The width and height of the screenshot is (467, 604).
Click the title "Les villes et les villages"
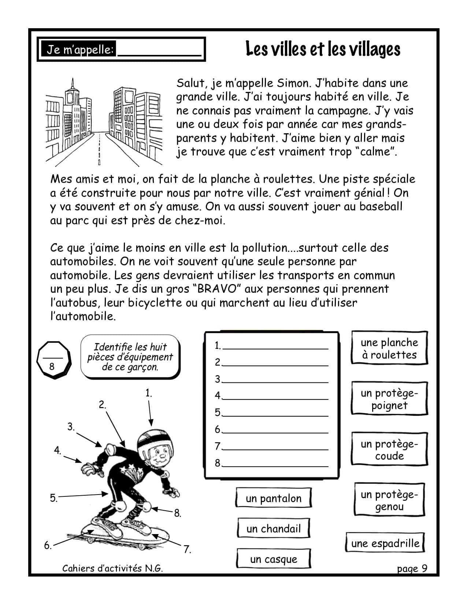click(x=323, y=49)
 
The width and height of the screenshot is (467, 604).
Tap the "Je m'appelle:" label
click(x=80, y=50)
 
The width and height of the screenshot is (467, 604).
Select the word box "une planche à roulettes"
click(x=389, y=348)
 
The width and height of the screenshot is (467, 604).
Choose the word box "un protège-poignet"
click(x=389, y=399)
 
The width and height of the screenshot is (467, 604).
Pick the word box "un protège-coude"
click(x=389, y=450)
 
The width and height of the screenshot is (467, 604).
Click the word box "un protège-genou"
click(x=389, y=500)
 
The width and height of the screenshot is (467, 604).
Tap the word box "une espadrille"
click(x=385, y=543)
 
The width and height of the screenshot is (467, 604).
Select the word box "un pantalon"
click(x=274, y=498)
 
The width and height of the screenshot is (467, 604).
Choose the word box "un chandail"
click(x=274, y=529)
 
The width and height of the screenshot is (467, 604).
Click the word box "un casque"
click(x=274, y=559)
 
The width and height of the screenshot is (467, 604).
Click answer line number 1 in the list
click(x=275, y=346)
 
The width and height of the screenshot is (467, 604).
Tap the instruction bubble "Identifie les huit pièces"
click(x=130, y=357)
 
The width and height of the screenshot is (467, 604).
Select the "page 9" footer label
click(x=412, y=568)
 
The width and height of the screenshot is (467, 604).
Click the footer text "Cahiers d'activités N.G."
click(x=112, y=568)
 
